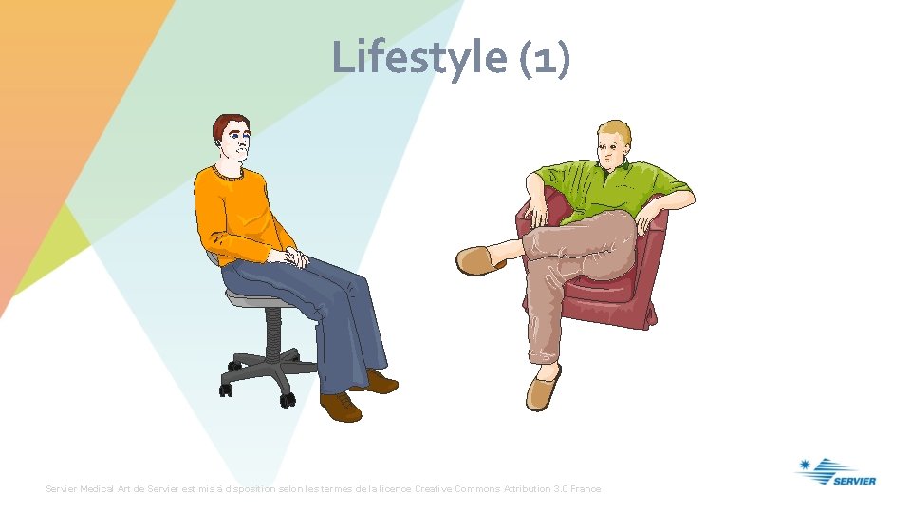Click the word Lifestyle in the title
point(418,57)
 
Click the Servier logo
point(836,472)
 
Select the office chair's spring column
point(270,329)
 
